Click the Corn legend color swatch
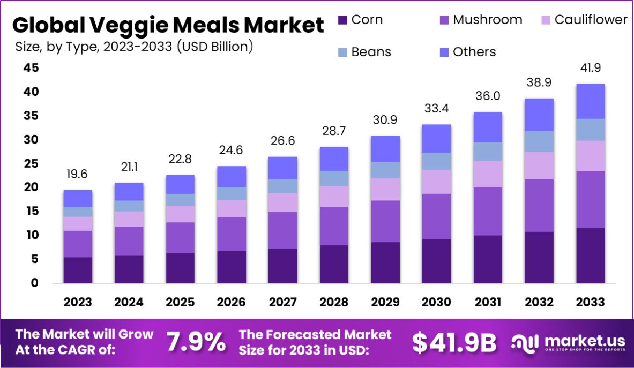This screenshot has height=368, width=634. coord(342,20)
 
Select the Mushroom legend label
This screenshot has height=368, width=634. coord(487,20)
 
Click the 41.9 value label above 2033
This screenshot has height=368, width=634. coord(590,68)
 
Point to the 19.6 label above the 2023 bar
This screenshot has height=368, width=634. coord(78,174)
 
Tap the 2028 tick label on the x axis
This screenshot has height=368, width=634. coord(334,302)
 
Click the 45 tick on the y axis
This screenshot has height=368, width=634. coord(31,68)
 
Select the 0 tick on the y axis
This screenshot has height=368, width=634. coord(34,283)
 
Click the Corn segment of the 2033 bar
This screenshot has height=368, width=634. coord(590,256)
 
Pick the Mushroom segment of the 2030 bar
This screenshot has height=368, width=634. coord(436,216)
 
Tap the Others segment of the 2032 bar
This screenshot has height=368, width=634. coord(539,115)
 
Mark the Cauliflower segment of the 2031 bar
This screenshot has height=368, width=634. coord(488,174)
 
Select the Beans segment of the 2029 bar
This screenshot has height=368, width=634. coord(385,170)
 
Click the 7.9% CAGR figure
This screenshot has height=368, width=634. coord(196,342)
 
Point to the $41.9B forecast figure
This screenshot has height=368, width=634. coord(454,342)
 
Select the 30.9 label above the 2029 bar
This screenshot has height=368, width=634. coord(385,120)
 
